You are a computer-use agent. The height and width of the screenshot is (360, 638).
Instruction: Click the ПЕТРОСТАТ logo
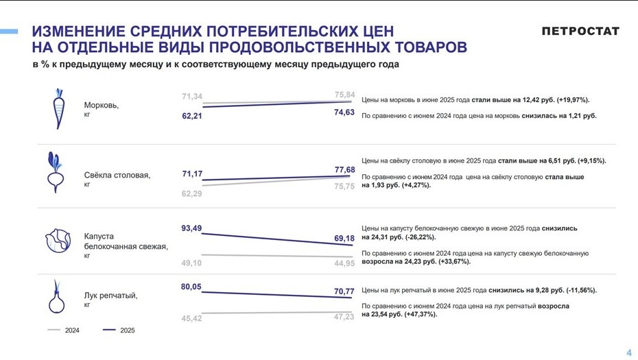coord(580,32)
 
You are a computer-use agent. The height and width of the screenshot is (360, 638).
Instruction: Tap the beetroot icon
coord(57,173)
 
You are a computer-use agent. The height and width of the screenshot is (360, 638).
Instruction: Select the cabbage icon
coord(58,240)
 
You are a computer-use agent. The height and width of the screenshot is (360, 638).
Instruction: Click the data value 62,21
coord(192,117)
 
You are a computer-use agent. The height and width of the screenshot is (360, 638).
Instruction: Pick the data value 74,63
coord(344,112)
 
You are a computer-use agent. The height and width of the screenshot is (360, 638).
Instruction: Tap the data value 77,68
coord(344,169)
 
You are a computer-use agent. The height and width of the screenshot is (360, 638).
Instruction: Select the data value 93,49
coord(191,228)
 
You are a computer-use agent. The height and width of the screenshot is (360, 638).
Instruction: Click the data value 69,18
coord(344,239)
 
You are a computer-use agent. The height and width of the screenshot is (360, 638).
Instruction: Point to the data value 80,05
coord(191,287)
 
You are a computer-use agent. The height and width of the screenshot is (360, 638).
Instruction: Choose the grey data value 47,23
coord(344,317)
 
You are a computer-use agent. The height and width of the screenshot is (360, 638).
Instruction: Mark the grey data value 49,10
coord(191,263)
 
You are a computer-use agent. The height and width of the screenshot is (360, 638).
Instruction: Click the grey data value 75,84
coord(344,95)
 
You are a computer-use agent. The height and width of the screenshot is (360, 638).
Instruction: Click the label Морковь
coord(101,106)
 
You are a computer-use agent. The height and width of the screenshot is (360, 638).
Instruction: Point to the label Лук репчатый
coord(110,296)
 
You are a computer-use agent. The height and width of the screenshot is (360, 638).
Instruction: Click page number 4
coord(628,352)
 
